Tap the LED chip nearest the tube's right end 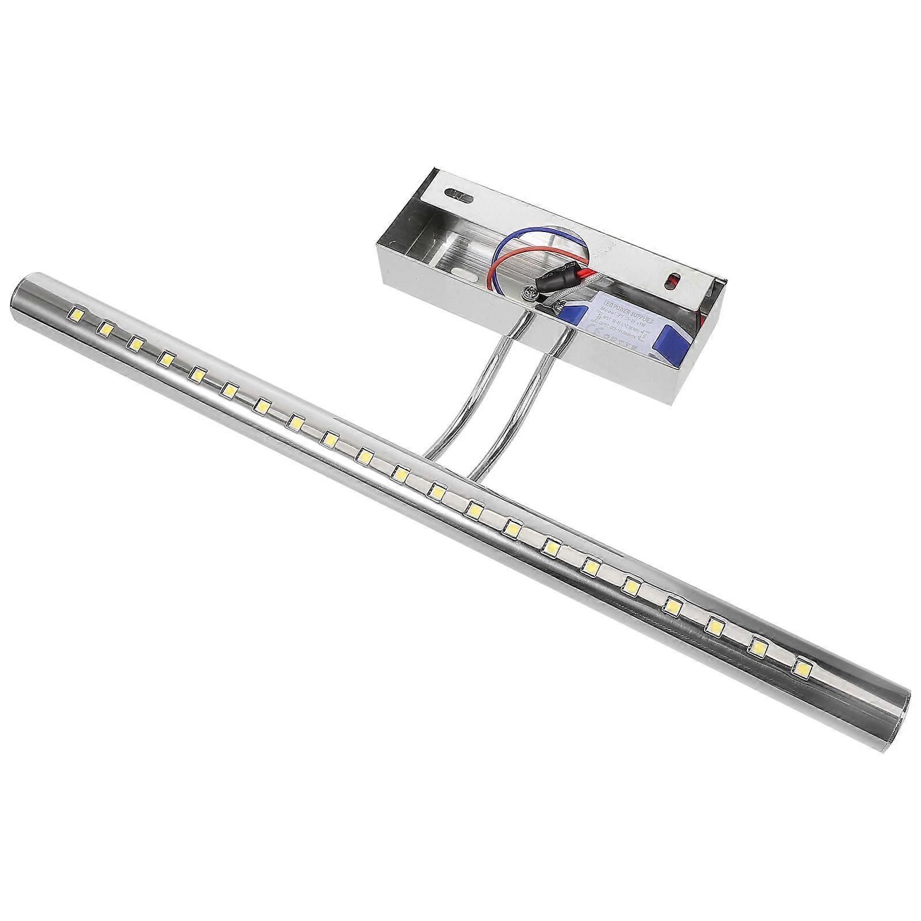(x=801, y=668)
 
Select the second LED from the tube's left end (x=105, y=328)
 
